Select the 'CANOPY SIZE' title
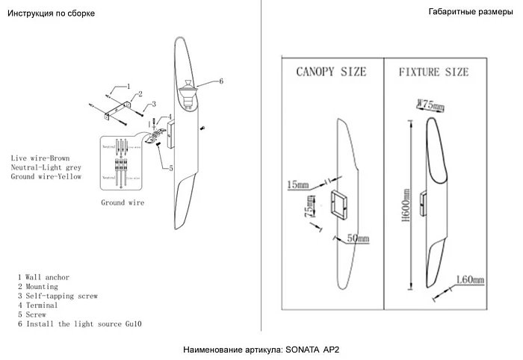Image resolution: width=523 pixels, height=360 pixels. click(x=331, y=72)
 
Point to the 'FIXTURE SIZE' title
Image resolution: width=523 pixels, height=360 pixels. click(x=433, y=72)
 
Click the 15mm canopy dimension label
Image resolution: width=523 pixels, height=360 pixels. click(x=296, y=183)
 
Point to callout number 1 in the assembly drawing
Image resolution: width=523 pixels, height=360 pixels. click(x=128, y=87)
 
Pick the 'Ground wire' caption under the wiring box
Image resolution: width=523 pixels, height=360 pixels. click(x=123, y=202)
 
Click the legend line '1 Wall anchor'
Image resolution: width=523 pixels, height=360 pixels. click(x=43, y=277)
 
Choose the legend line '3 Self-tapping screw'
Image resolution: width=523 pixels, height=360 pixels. click(x=58, y=297)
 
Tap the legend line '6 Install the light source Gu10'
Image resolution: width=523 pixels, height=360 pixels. click(x=80, y=324)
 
